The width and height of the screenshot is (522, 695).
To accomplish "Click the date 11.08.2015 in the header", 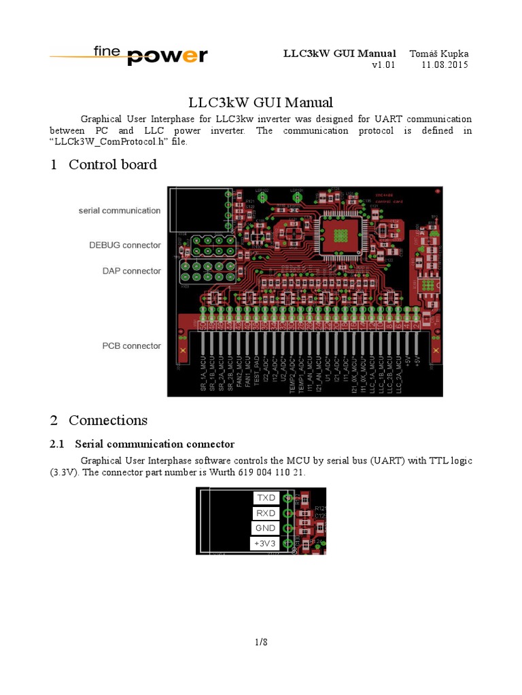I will (x=445, y=65).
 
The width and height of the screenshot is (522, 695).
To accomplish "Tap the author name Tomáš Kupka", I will (x=438, y=54).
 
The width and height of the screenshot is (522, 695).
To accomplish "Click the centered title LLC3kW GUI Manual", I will (x=261, y=102).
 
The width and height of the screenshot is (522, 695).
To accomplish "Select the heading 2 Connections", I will (x=99, y=420).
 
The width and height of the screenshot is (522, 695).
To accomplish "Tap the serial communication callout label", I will (x=120, y=210).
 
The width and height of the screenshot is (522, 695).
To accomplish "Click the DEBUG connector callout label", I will (x=125, y=245).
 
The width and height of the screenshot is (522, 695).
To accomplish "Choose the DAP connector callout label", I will (x=132, y=271).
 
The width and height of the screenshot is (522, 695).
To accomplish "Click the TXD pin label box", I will (x=266, y=498).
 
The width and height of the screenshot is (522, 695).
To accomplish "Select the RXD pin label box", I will (x=266, y=513).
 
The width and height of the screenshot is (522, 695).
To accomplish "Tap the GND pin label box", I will (x=266, y=528).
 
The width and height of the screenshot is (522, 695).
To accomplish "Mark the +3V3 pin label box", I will (x=266, y=543).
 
